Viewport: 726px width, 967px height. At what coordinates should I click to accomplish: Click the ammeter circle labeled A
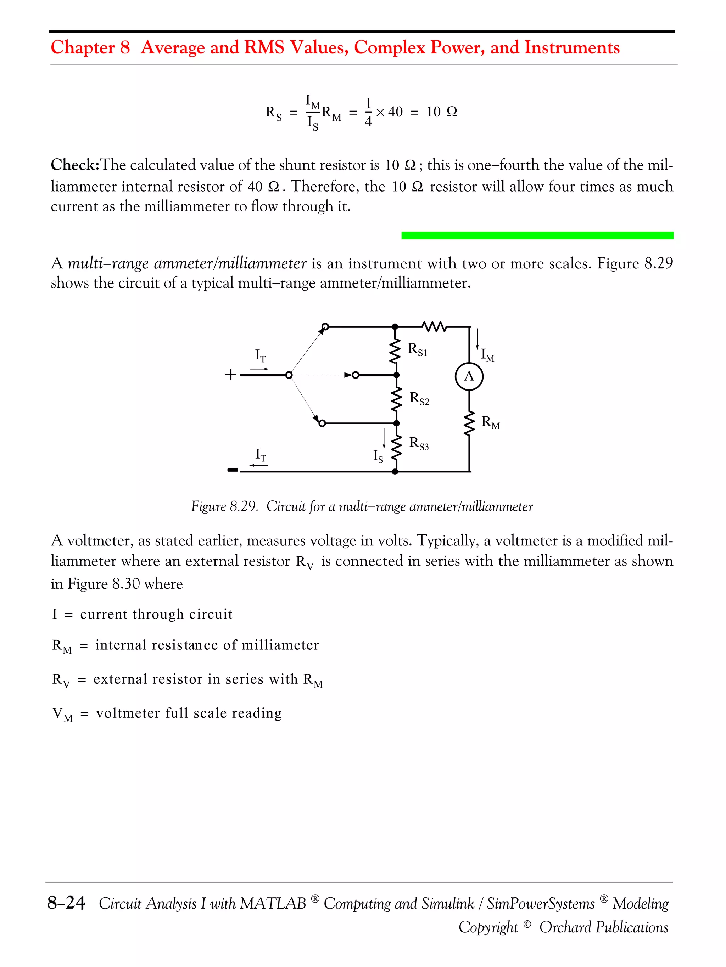(469, 376)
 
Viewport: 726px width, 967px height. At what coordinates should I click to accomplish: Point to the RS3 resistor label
(419, 443)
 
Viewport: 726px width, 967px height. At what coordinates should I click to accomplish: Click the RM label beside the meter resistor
(491, 422)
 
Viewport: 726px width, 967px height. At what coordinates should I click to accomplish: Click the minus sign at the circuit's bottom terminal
(233, 470)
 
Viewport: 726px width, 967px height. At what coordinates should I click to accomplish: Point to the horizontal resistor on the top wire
(434, 326)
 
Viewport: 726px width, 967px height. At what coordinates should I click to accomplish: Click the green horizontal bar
(537, 235)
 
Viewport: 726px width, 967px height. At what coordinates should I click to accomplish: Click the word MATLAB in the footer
(273, 903)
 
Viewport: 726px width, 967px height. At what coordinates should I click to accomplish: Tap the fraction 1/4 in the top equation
(368, 112)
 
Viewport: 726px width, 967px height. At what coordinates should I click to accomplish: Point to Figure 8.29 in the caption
(224, 506)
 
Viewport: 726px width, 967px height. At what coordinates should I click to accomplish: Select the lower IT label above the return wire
(261, 455)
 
